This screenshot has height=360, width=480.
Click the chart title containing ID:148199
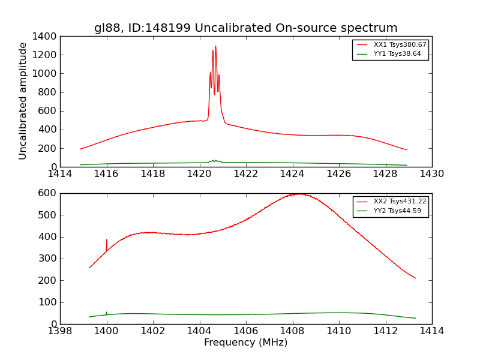click(245, 28)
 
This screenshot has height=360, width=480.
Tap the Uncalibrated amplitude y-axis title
click(23, 101)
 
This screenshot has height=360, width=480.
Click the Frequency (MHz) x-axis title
click(245, 343)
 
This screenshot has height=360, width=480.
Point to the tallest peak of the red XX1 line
click(215, 46)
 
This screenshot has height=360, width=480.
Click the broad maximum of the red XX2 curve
click(297, 194)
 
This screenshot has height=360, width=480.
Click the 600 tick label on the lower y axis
click(48, 193)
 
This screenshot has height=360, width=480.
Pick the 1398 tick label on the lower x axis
click(60, 331)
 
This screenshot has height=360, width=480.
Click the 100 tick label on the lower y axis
click(48, 302)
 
